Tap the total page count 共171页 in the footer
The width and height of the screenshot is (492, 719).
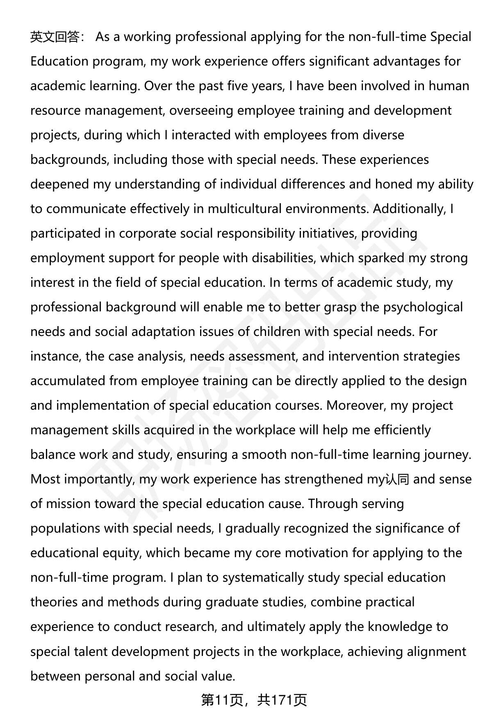282,700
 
